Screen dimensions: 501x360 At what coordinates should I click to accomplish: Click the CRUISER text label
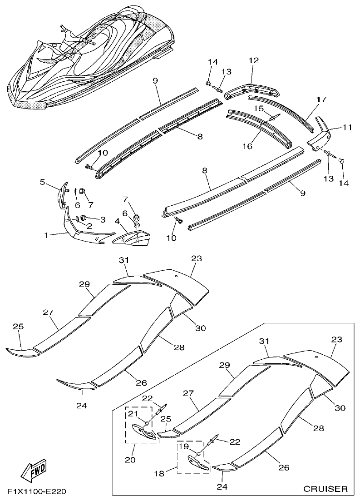tap(325, 489)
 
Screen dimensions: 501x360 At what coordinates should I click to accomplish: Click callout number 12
tap(253, 60)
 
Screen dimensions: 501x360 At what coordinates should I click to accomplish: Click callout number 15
tap(258, 109)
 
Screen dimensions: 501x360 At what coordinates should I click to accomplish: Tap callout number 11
tap(347, 129)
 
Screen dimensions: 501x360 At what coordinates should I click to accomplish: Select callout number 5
tap(42, 183)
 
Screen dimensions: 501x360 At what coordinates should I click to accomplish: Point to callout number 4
tap(117, 221)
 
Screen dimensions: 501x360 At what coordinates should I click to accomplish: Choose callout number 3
tap(103, 219)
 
